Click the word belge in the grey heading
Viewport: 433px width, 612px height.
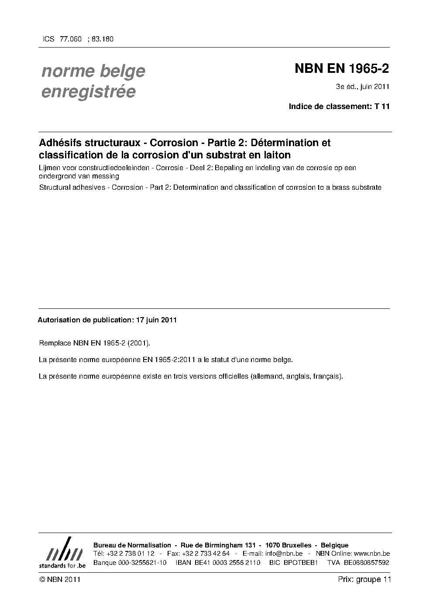(122, 71)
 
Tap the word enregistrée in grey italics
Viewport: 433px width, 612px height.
(88, 92)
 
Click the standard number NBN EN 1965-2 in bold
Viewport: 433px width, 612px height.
(342, 69)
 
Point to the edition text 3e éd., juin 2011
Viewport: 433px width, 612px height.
(362, 86)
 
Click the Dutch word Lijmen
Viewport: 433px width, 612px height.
(51, 168)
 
